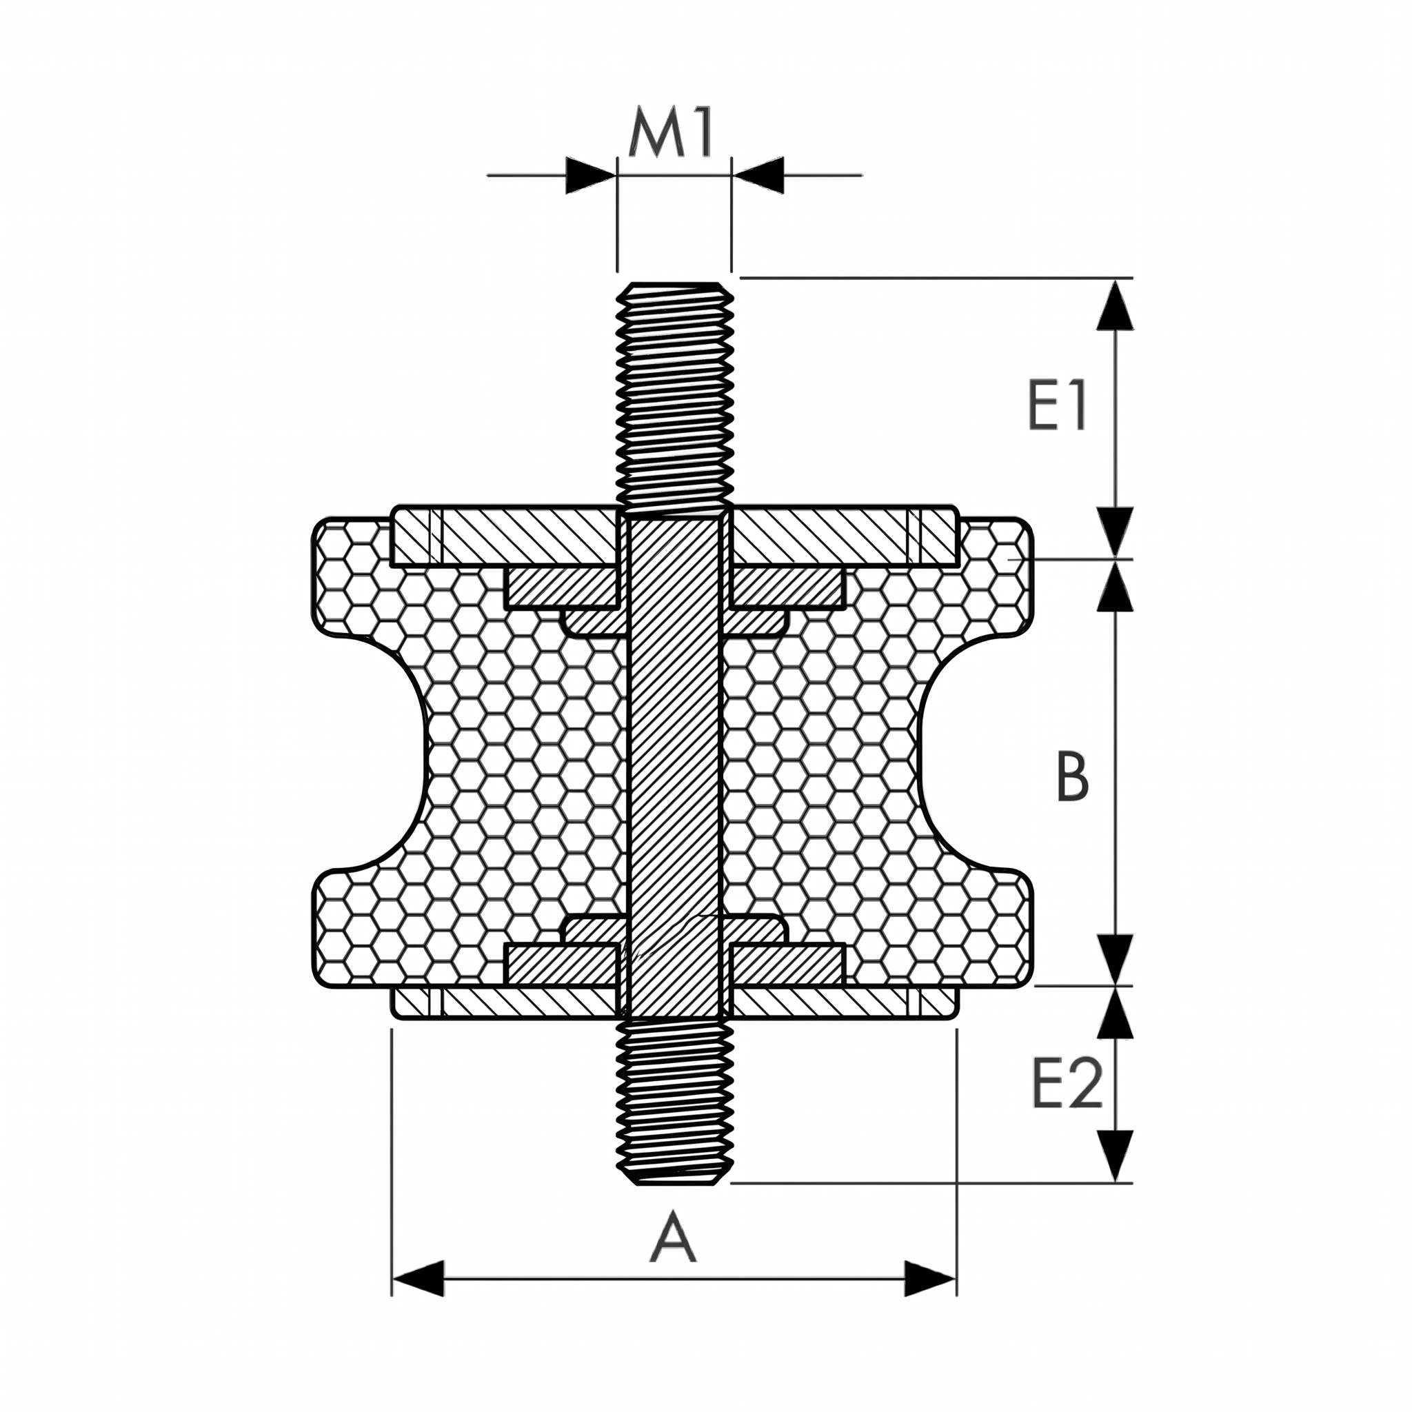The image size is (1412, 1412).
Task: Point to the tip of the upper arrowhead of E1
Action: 1115,279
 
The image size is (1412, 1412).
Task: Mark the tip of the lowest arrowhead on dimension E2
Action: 1115,1182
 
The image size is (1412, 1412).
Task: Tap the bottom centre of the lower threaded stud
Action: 674,1184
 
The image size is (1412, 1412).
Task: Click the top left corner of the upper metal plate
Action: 393,507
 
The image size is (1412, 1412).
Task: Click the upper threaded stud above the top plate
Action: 674,394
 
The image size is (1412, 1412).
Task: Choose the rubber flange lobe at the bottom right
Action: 994,927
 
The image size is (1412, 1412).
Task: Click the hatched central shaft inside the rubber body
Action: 674,767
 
